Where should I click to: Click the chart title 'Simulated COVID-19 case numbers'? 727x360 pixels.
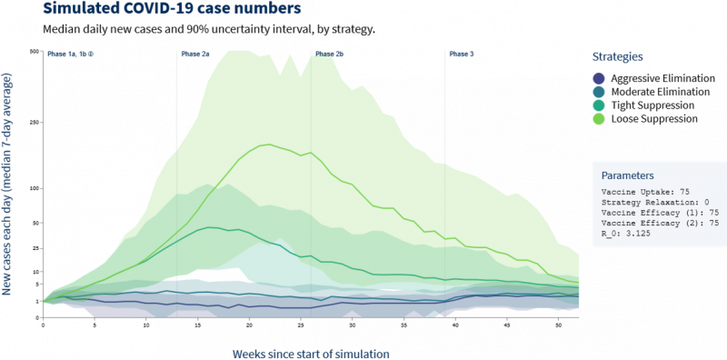click(x=172, y=8)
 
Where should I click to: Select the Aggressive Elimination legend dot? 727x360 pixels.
click(x=599, y=78)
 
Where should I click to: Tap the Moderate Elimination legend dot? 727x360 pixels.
click(x=599, y=92)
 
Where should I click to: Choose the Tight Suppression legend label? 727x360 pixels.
click(x=652, y=105)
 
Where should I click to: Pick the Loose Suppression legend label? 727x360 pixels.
click(x=654, y=119)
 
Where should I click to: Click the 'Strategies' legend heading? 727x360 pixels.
click(x=618, y=57)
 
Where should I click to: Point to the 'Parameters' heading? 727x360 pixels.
click(x=628, y=175)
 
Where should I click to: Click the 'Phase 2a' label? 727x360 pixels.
click(x=195, y=54)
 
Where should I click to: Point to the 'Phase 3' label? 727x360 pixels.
click(x=462, y=54)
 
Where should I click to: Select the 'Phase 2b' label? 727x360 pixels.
click(x=329, y=54)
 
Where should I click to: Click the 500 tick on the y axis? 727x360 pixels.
click(x=35, y=52)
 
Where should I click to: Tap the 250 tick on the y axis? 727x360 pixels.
click(x=35, y=123)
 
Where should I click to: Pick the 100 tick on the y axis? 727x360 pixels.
click(x=35, y=188)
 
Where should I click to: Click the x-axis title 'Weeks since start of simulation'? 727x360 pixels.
click(x=311, y=354)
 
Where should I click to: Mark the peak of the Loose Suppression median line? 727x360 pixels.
click(x=269, y=145)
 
